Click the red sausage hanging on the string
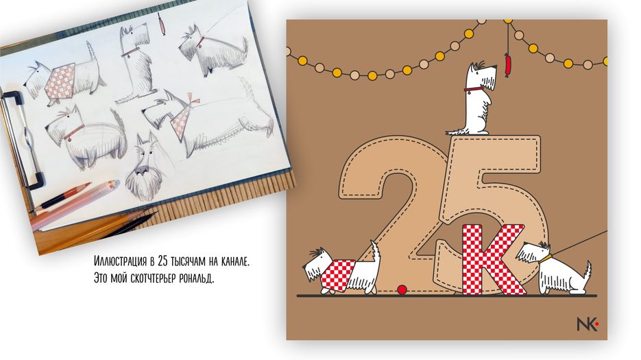508,65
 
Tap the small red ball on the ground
402,290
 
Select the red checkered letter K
493,259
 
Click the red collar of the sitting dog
474,90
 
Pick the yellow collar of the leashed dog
546,260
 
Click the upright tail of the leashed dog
587,272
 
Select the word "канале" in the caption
235,261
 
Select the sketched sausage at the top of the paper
162,25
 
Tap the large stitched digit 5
493,213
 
